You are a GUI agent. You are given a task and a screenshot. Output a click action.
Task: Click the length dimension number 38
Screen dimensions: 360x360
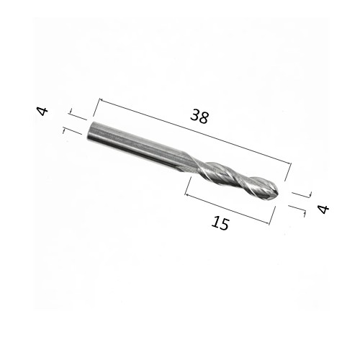pos(199,116)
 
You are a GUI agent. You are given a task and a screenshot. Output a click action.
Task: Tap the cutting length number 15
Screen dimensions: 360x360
pos(220,224)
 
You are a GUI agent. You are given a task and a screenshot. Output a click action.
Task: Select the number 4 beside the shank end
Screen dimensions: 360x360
pos(42,111)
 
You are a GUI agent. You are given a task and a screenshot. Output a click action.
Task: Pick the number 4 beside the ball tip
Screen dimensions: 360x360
pos(323,209)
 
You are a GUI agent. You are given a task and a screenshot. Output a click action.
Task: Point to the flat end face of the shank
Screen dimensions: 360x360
pos(90,132)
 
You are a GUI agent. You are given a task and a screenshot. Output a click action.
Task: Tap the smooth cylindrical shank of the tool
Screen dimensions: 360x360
pos(133,143)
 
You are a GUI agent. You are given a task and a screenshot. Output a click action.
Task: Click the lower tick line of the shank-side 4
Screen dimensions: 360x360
pos(72,132)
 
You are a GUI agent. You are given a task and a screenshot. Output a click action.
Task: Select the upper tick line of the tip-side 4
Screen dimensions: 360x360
pos(301,194)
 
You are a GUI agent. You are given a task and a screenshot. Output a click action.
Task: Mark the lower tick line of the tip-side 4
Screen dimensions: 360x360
pos(297,210)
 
